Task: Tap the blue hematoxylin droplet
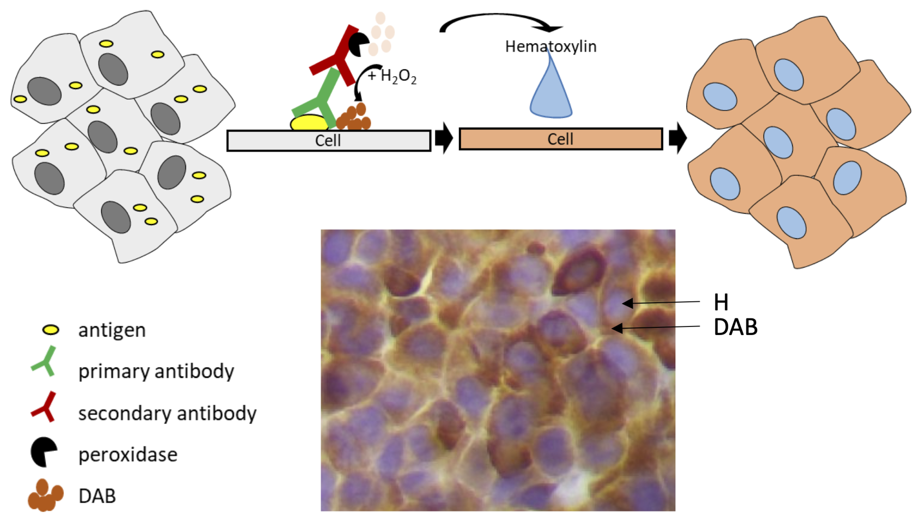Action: (x=551, y=96)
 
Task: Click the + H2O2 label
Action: (x=392, y=76)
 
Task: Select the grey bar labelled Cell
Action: (x=329, y=141)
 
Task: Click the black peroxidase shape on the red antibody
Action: (x=358, y=44)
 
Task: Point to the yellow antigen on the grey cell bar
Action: (x=309, y=123)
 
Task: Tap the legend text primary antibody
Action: (x=156, y=371)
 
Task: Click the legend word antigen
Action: (x=112, y=330)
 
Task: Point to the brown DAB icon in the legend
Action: (x=45, y=495)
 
